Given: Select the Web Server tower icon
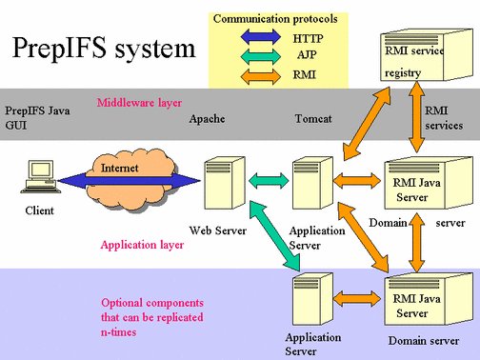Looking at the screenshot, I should [218, 188].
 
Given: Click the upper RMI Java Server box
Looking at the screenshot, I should [415, 183].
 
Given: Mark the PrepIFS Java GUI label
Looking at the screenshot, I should [37, 117].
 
